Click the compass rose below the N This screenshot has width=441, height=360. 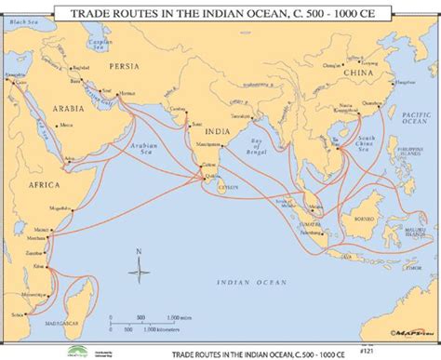tap(140, 272)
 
